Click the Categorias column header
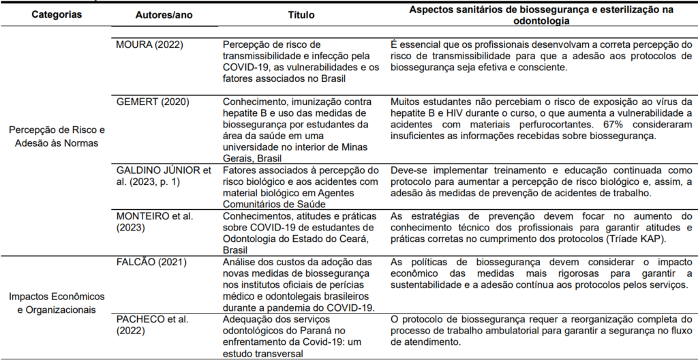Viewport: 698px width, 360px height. [57, 14]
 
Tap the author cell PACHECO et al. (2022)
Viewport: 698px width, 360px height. [150, 325]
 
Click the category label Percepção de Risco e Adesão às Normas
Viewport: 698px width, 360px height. [57, 136]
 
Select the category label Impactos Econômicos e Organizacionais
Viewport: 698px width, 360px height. [57, 303]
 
